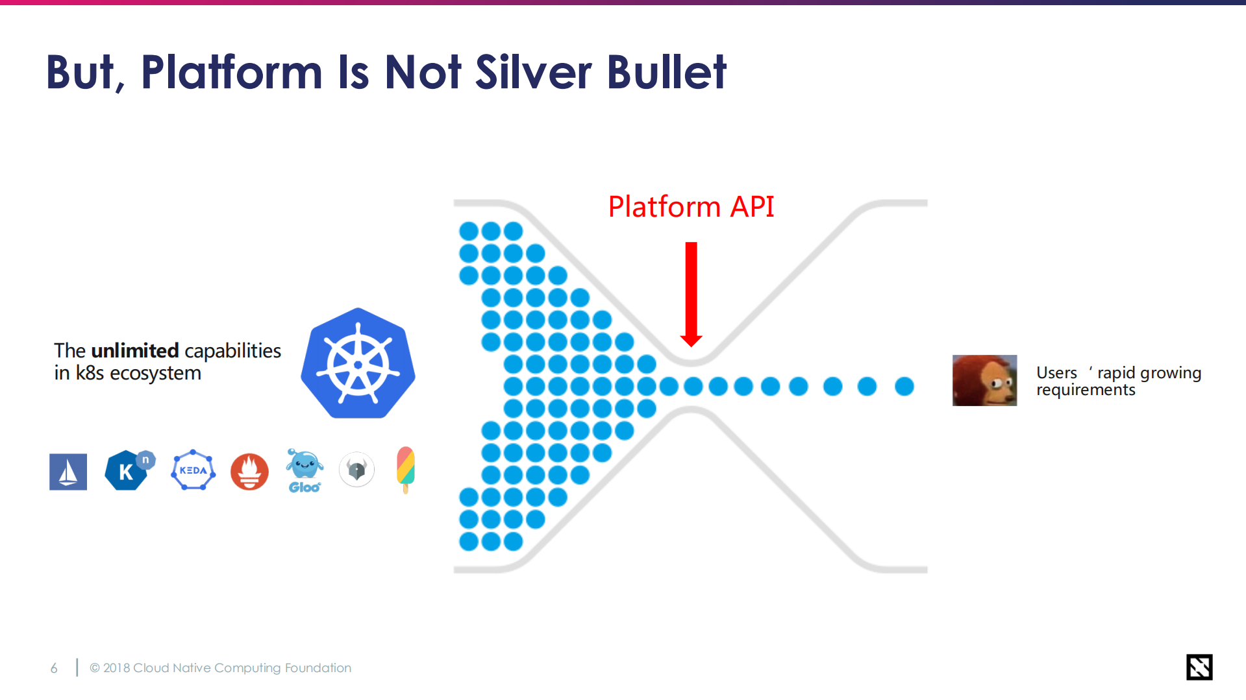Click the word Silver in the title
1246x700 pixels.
pyautogui.click(x=533, y=71)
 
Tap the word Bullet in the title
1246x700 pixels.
pyautogui.click(x=667, y=71)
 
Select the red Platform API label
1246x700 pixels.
pyautogui.click(x=691, y=206)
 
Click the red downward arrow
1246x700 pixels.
pyautogui.click(x=692, y=295)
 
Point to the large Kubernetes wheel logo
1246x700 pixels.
pyautogui.click(x=358, y=363)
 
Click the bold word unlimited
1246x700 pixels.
pyautogui.click(x=134, y=350)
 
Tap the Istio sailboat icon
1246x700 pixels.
pyautogui.click(x=68, y=472)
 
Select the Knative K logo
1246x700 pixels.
pyautogui.click(x=129, y=470)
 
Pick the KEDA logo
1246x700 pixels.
pyautogui.click(x=193, y=470)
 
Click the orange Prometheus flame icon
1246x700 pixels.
pyautogui.click(x=249, y=472)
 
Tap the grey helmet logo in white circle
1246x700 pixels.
pyautogui.click(x=356, y=469)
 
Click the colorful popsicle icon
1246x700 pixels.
pyautogui.click(x=406, y=470)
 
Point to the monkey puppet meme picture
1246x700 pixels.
pyautogui.click(x=984, y=380)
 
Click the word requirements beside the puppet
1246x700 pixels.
pyautogui.click(x=1086, y=390)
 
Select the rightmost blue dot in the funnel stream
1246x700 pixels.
pyautogui.click(x=904, y=387)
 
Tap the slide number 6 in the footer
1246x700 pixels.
pyautogui.click(x=54, y=668)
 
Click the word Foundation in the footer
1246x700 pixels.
pyautogui.click(x=318, y=668)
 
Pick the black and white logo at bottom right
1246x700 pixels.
pyautogui.click(x=1199, y=667)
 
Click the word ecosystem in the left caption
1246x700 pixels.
pyautogui.click(x=155, y=374)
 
